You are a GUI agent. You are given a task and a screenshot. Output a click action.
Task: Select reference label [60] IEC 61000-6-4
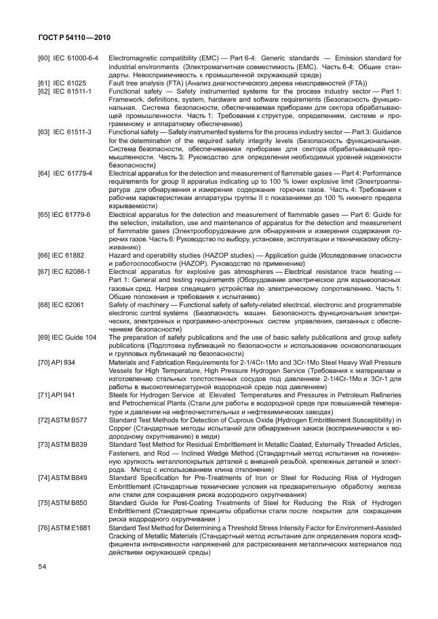[68, 59]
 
